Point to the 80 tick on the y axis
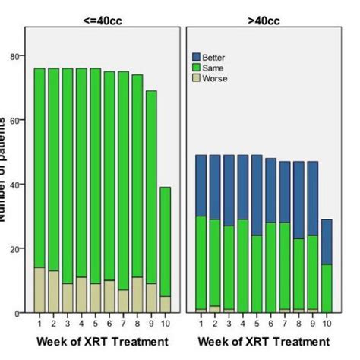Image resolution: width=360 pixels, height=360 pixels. click(15, 56)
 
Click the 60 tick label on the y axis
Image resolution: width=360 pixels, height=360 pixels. click(15, 120)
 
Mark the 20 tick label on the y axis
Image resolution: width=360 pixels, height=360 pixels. click(15, 248)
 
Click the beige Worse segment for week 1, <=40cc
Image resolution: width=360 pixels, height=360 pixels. click(39, 290)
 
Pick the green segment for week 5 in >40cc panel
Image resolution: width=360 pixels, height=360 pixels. click(255, 273)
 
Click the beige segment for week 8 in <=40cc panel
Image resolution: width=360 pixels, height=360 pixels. click(137, 295)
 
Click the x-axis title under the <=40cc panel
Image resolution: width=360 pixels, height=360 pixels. click(102, 342)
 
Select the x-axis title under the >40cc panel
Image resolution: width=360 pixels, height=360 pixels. click(262, 342)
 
